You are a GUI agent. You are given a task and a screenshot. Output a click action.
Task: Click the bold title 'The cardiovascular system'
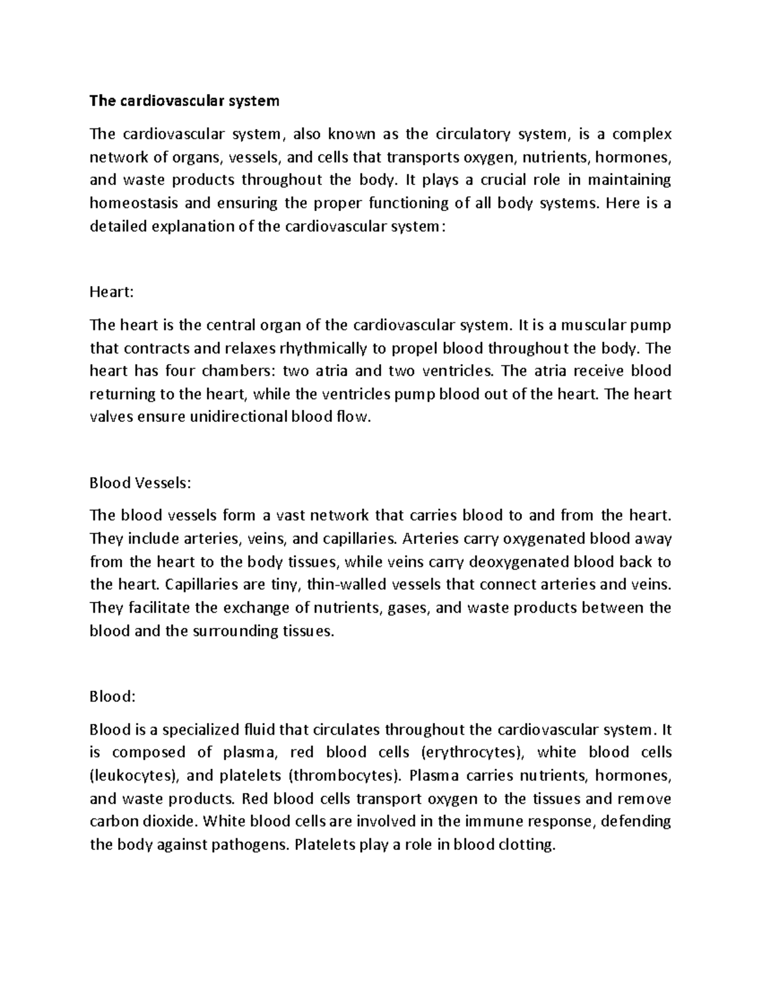pyautogui.click(x=184, y=100)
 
